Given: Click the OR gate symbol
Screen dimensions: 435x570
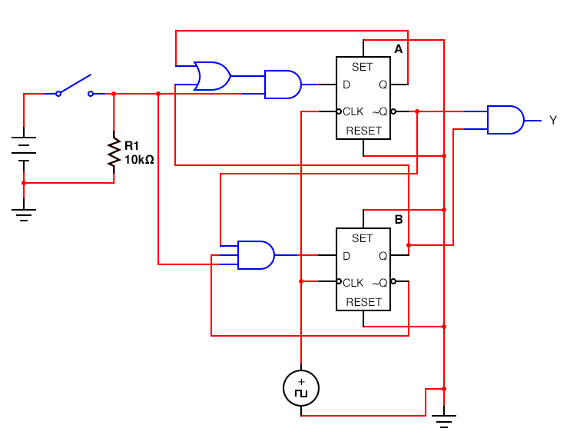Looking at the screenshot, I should [x=212, y=76].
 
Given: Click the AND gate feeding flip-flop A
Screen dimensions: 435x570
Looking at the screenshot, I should [x=282, y=85].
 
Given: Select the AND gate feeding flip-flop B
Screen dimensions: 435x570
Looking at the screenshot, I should [x=256, y=255].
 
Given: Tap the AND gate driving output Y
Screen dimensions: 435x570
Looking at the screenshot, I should [x=505, y=120].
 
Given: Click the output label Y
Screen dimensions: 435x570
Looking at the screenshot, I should [x=552, y=121].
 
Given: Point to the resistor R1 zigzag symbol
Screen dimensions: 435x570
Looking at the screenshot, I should [x=114, y=154].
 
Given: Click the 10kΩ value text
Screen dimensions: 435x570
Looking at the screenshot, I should [x=140, y=160].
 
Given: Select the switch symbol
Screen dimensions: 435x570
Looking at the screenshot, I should [x=75, y=86].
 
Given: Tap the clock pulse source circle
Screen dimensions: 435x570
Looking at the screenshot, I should [x=301, y=388].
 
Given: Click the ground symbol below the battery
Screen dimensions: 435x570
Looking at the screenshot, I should [x=24, y=214].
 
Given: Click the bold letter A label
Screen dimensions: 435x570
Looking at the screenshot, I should [x=398, y=49].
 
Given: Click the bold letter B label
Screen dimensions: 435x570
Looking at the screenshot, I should [x=398, y=220].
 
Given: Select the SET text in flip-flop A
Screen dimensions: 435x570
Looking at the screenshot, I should [x=362, y=68].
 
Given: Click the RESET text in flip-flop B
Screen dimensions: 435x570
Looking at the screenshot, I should [x=363, y=302].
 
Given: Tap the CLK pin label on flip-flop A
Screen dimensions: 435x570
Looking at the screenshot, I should [x=353, y=111].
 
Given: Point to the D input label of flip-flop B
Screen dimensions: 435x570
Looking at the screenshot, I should [x=346, y=255].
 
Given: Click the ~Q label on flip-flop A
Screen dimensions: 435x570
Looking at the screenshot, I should [x=380, y=111].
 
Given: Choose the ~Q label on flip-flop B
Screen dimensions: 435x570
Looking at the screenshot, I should [x=380, y=282].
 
